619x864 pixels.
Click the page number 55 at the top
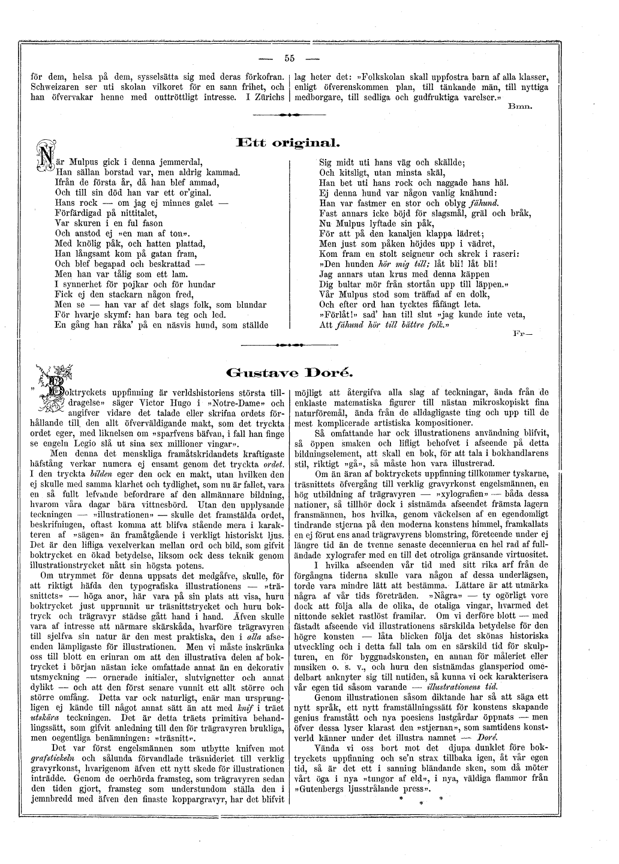[290, 58]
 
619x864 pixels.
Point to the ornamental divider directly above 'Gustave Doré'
[290, 346]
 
